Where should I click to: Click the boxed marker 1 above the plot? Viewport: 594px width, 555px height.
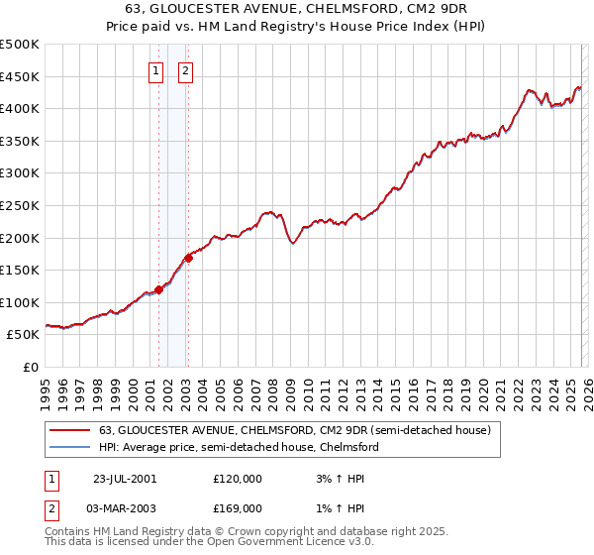click(x=156, y=70)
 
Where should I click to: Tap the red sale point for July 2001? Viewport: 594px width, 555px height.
click(x=158, y=290)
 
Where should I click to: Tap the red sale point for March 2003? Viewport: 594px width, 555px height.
click(x=187, y=259)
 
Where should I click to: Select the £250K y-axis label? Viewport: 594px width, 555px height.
click(x=20, y=206)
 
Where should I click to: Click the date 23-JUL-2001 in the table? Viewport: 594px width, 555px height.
click(x=124, y=479)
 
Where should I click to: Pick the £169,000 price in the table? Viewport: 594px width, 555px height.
click(x=238, y=508)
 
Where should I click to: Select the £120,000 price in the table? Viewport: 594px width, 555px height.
click(x=238, y=479)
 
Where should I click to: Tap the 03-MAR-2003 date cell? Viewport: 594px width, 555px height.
click(x=124, y=508)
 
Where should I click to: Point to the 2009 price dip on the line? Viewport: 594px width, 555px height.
click(x=293, y=244)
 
